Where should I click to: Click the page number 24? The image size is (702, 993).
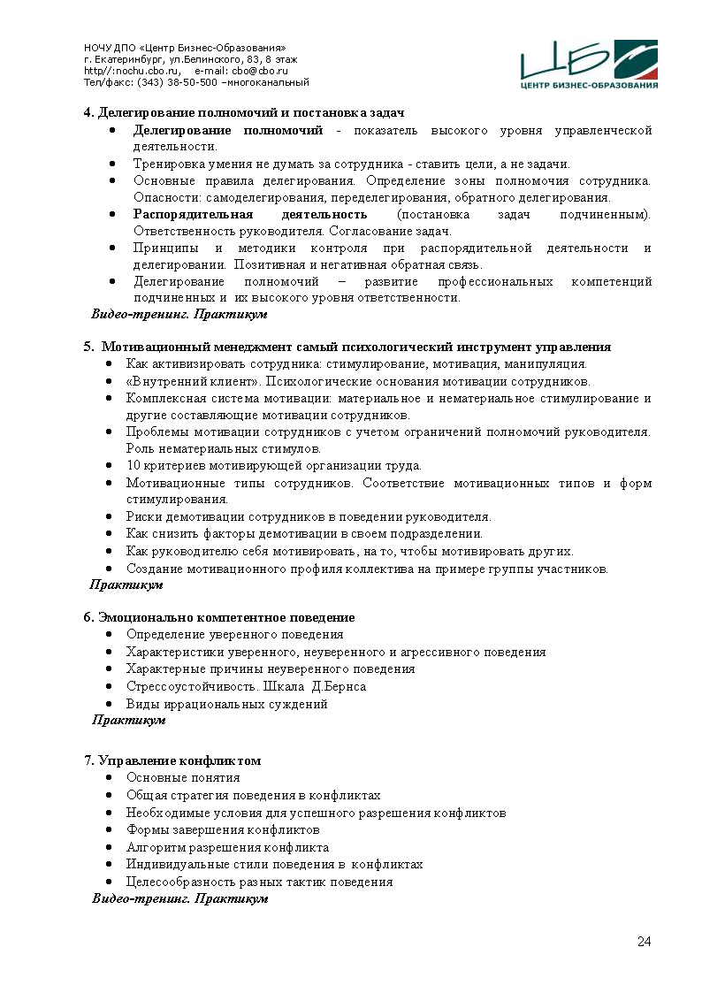(x=644, y=941)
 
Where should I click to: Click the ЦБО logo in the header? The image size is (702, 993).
(x=589, y=65)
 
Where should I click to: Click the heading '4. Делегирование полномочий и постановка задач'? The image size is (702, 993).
(x=244, y=113)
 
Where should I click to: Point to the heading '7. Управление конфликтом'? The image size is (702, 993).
(x=172, y=760)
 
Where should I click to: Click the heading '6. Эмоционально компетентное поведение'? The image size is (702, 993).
(x=219, y=617)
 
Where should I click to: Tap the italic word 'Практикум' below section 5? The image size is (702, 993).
(x=127, y=584)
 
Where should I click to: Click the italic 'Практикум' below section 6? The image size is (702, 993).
(x=129, y=720)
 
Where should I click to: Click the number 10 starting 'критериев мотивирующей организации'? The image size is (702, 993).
(x=134, y=466)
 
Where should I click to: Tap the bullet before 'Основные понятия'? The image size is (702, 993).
(x=108, y=778)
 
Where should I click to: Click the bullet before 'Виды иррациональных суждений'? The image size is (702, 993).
(x=108, y=705)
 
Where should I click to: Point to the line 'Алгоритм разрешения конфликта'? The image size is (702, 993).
(x=227, y=847)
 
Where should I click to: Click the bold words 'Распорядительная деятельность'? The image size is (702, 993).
(x=250, y=214)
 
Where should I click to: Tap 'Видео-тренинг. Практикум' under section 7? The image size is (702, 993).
(x=180, y=898)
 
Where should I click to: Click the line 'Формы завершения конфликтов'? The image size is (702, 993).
(x=223, y=830)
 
